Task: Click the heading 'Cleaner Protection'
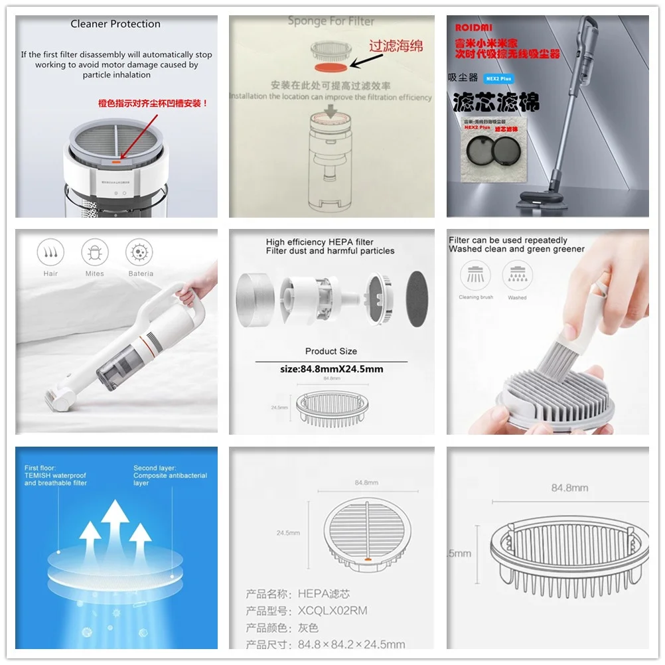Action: click(x=115, y=24)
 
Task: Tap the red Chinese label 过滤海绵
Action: click(x=396, y=46)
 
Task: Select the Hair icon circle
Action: click(x=50, y=253)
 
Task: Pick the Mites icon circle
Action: click(x=95, y=253)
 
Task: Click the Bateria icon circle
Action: click(x=140, y=253)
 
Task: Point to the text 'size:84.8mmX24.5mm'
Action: click(x=331, y=369)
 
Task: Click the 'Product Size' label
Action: click(x=331, y=351)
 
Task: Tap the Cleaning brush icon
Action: click(x=476, y=275)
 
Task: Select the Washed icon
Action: click(x=517, y=275)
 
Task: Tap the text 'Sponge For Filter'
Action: click(x=331, y=21)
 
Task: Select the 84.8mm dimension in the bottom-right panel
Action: click(x=569, y=488)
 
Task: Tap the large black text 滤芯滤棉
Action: click(x=495, y=102)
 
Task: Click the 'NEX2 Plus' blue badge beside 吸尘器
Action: click(x=499, y=78)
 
